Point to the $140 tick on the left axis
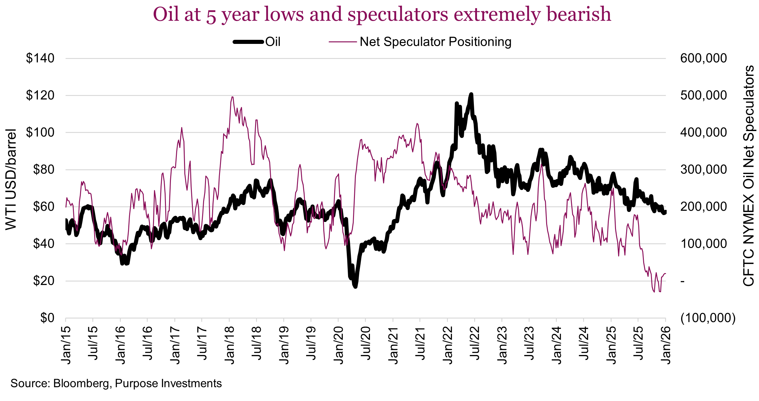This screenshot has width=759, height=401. pyautogui.click(x=40, y=58)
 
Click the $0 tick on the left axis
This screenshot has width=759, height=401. pyautogui.click(x=47, y=318)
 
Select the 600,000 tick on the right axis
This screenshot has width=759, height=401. pyautogui.click(x=703, y=58)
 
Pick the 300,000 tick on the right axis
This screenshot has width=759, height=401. pyautogui.click(x=703, y=170)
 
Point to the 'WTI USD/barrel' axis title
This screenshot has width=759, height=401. pyautogui.click(x=11, y=179)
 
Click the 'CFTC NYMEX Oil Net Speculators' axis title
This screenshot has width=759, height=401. pyautogui.click(x=749, y=176)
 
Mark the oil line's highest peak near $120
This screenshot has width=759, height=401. pyautogui.click(x=471, y=94)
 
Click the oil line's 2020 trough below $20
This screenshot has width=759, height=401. pyautogui.click(x=355, y=286)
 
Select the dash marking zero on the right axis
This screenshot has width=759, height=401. pyautogui.click(x=683, y=281)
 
